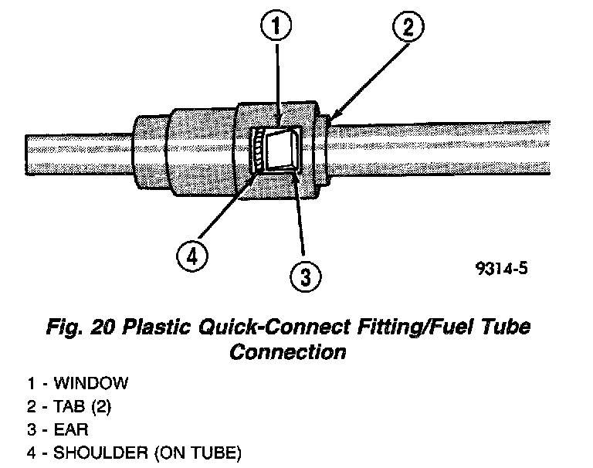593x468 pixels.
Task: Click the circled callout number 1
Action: point(276,29)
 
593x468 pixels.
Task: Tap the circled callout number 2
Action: point(408,29)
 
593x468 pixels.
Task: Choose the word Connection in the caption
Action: point(287,352)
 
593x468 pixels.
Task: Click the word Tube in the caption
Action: point(506,327)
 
